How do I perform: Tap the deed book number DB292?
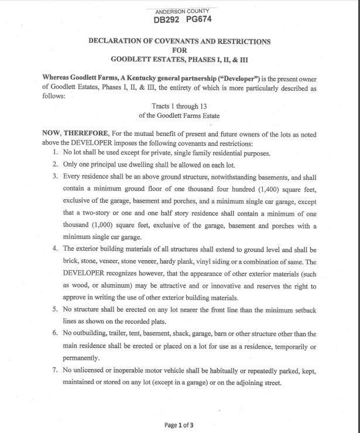(x=165, y=21)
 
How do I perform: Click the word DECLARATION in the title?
(x=121, y=42)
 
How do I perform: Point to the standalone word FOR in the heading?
(x=179, y=50)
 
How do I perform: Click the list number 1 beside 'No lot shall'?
(x=55, y=153)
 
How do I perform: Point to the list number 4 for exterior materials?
(x=55, y=248)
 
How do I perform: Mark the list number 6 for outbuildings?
(x=55, y=333)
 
